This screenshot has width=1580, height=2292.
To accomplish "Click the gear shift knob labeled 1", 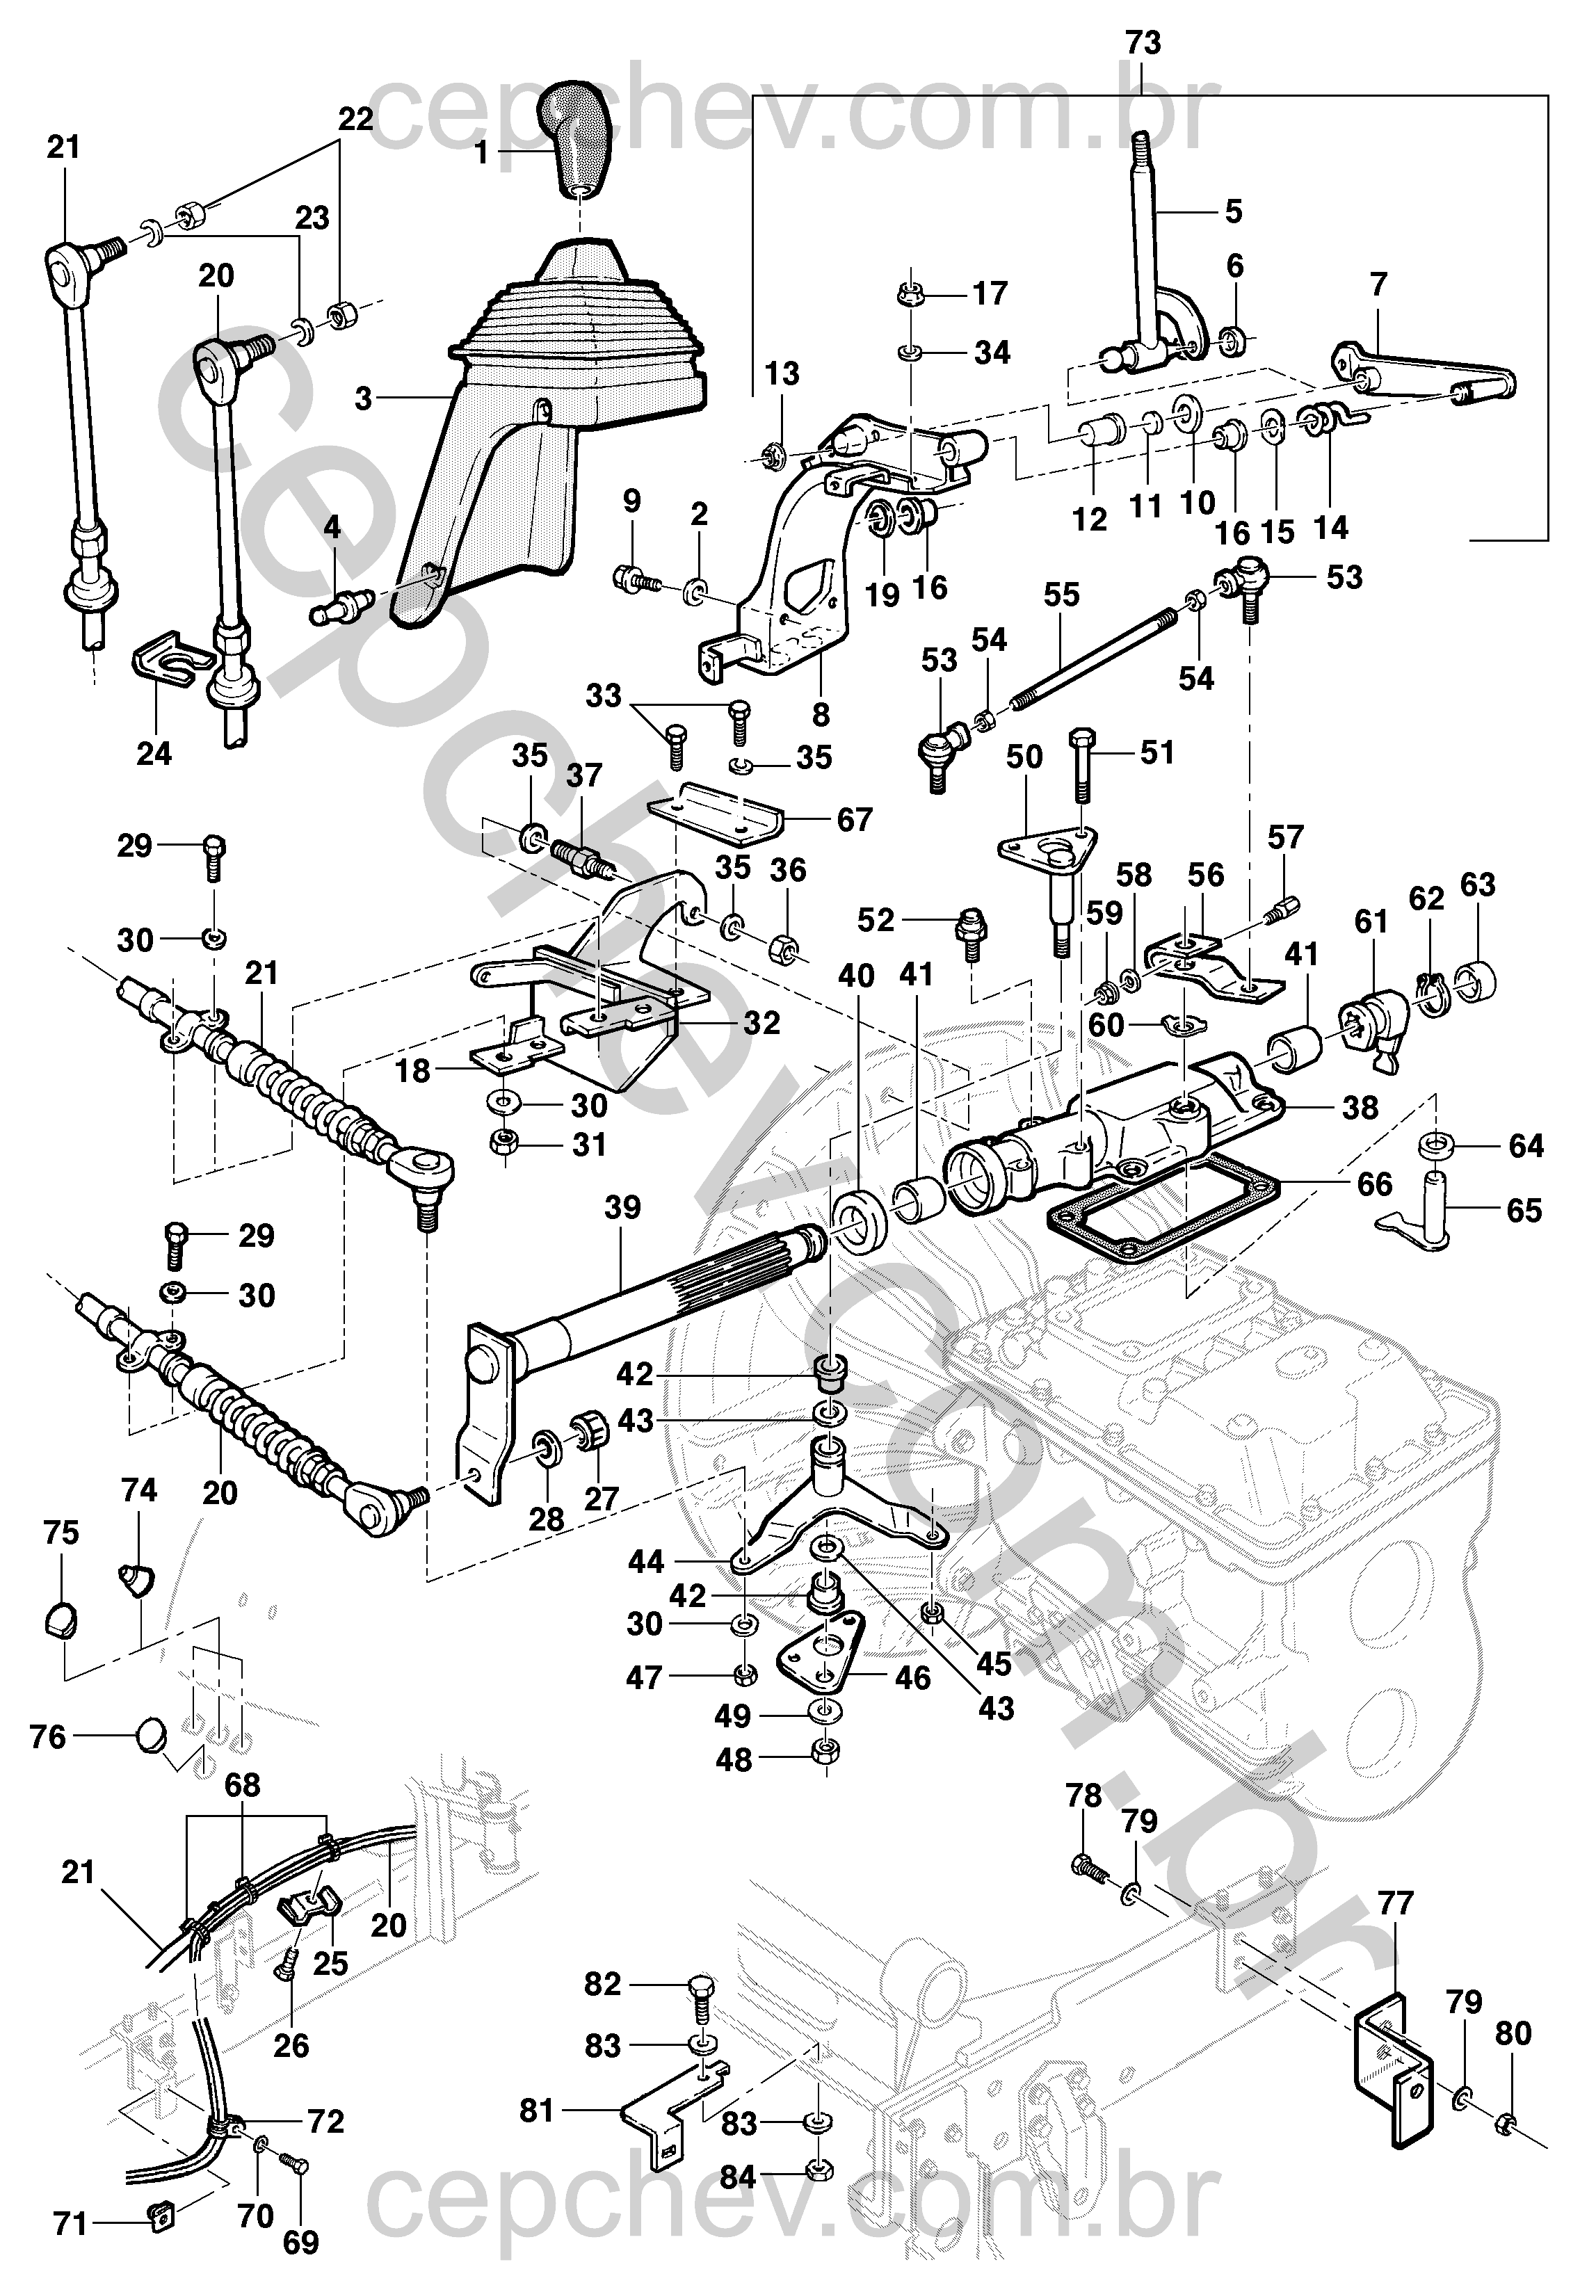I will (577, 138).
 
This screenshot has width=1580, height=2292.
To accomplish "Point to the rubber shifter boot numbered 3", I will (554, 396).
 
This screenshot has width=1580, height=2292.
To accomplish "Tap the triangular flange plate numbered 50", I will (1047, 847).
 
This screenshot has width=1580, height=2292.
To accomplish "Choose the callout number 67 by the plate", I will (855, 819).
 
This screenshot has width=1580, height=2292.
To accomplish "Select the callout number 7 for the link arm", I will (1379, 286).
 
